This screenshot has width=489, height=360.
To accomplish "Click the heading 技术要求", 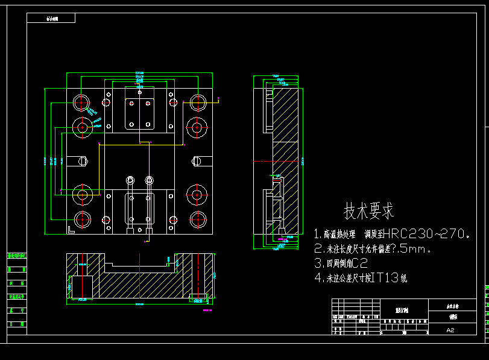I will click(x=368, y=211).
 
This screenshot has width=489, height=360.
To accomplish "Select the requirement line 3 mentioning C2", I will click(x=341, y=263).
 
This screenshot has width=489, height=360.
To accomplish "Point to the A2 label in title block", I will click(x=451, y=330).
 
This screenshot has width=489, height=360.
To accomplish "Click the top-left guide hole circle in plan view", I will click(x=81, y=101).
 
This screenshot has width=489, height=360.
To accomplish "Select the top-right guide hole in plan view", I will click(x=197, y=101).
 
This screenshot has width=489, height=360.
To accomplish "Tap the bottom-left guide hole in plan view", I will click(x=81, y=219).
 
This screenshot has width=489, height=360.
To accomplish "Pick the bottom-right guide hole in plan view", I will click(x=197, y=219).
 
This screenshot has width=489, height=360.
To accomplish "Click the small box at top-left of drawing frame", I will click(x=51, y=18).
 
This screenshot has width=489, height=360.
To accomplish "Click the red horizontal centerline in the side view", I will click(x=277, y=162).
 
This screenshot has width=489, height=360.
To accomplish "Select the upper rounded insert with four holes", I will click(x=139, y=112).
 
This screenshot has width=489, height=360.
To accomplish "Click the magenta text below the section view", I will click(x=209, y=311).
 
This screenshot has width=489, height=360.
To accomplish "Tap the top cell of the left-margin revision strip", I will click(x=17, y=256).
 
